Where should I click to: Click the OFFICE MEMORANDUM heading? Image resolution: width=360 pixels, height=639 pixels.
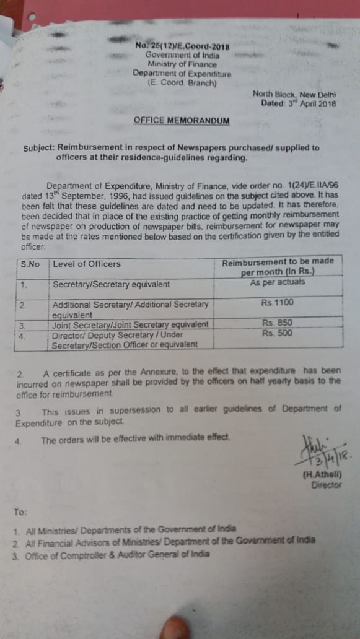tap(181, 121)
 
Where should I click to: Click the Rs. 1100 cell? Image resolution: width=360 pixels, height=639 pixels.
tap(278, 303)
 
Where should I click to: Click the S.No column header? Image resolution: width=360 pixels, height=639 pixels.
tap(30, 264)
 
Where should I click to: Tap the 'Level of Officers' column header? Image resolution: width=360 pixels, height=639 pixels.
tap(87, 264)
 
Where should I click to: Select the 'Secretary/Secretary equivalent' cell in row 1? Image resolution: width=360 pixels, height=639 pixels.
tap(111, 285)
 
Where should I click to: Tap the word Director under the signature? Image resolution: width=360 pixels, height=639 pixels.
tap(327, 485)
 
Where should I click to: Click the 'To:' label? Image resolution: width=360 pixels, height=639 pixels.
tap(20, 511)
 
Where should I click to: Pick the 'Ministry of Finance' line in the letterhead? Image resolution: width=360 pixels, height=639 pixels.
tap(182, 64)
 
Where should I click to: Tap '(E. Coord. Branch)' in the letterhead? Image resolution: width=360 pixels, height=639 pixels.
tap(182, 82)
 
